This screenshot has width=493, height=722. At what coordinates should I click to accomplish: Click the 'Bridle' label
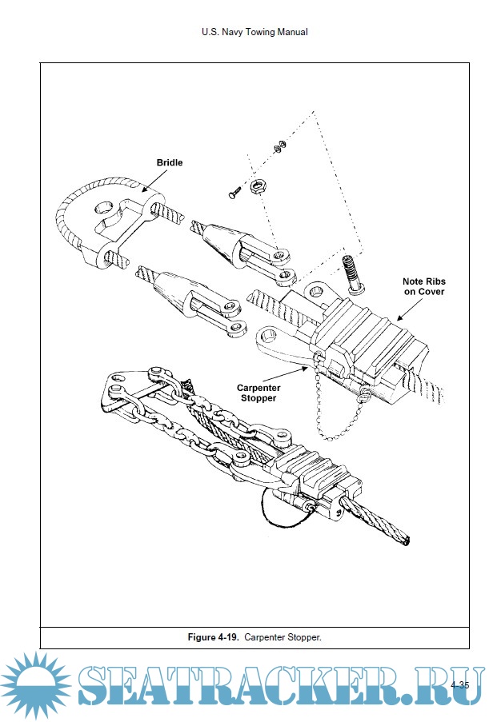(169, 162)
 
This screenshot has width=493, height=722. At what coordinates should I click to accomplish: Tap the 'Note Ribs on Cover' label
(423, 287)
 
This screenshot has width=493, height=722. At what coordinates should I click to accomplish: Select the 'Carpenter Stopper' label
(258, 393)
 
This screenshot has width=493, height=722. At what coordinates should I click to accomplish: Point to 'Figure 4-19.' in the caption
(214, 637)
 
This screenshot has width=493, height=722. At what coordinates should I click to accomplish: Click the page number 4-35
(459, 685)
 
